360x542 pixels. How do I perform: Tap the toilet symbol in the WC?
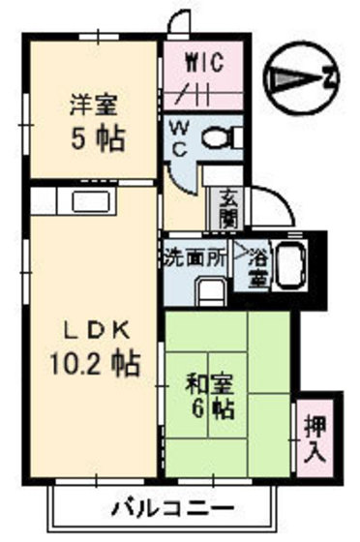pyautogui.click(x=220, y=137)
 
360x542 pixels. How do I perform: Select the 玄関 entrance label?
pyautogui.click(x=223, y=206)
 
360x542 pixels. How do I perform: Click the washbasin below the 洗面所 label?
pyautogui.click(x=207, y=291)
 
